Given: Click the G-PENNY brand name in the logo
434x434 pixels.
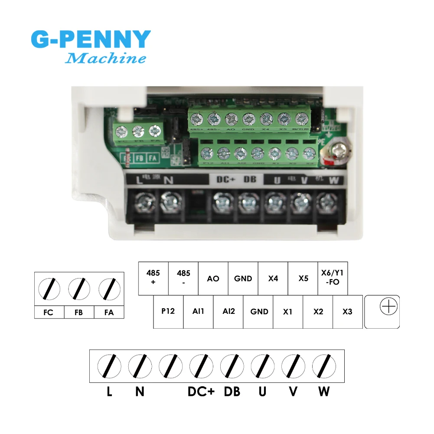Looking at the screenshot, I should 91,39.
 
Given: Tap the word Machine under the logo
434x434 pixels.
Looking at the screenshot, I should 105,58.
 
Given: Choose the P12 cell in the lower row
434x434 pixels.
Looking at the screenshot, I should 168,311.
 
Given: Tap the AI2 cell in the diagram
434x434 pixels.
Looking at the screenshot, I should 228,311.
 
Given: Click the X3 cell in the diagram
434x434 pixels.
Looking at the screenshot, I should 347,311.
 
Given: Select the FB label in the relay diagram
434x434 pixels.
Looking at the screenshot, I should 78,312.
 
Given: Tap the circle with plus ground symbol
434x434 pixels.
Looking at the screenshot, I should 388,307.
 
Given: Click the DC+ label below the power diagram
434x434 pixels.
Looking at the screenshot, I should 201,392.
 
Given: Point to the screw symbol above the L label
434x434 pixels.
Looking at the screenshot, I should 109,365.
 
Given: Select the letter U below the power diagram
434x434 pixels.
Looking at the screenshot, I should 262,392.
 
